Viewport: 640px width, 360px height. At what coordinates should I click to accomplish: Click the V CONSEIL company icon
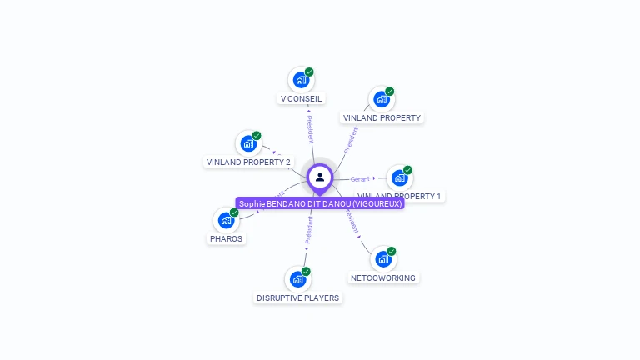click(300, 80)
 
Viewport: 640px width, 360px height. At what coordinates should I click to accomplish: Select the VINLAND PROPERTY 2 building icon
click(247, 143)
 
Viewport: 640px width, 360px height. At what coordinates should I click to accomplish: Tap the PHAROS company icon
click(225, 220)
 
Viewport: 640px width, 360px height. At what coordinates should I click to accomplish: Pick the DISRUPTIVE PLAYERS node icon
click(297, 279)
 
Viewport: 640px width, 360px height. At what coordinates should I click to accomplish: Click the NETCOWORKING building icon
click(382, 259)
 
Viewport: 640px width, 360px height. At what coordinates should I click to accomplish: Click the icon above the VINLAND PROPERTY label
click(381, 99)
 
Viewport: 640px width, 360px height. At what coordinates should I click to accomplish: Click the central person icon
click(320, 177)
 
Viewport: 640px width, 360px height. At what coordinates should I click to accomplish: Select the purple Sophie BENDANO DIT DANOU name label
click(320, 203)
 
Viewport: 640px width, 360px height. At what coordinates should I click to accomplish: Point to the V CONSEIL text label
click(301, 98)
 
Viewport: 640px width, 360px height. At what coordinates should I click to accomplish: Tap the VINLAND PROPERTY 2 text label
click(248, 162)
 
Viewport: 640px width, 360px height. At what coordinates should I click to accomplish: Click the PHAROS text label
click(226, 238)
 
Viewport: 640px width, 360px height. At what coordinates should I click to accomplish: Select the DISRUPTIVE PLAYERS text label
click(297, 297)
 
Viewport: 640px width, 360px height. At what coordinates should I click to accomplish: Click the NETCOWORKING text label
click(383, 277)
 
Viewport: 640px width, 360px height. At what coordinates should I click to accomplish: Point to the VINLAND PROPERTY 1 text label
click(400, 197)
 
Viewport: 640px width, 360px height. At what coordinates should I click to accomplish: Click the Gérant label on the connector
click(360, 178)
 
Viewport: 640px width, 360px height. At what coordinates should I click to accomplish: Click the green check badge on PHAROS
click(234, 212)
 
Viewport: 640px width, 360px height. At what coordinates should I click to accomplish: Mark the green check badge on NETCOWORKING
click(392, 251)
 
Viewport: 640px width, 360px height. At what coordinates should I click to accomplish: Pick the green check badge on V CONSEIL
click(309, 72)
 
